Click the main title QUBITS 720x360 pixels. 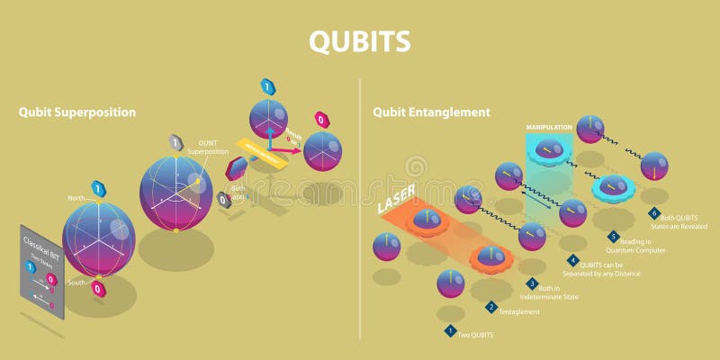click(359, 41)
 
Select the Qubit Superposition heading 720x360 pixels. click(77, 112)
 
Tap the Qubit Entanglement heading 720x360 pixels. click(432, 112)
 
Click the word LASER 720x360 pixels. click(396, 205)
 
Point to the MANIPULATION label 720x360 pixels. click(549, 128)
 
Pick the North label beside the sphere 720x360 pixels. click(76, 198)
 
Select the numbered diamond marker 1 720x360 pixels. click(450, 330)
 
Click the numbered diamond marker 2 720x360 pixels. click(491, 307)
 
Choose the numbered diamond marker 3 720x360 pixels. click(532, 283)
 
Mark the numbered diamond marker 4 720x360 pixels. click(572, 260)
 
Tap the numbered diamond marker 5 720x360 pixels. click(613, 237)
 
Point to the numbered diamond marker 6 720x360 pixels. click(653, 213)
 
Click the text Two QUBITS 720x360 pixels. click(477, 335)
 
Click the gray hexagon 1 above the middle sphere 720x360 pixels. click(176, 142)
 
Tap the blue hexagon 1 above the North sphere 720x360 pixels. click(98, 188)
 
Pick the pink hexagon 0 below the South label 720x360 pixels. click(97, 288)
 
